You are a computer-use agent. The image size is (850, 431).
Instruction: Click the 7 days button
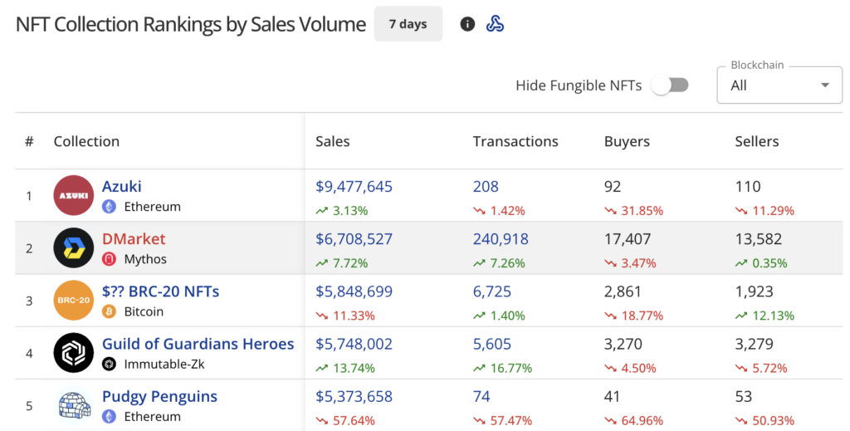click(x=408, y=24)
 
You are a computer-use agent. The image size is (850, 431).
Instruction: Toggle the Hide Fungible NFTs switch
click(x=670, y=85)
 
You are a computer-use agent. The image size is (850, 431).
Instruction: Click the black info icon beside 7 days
click(x=467, y=24)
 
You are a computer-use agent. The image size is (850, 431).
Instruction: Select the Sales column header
click(x=333, y=141)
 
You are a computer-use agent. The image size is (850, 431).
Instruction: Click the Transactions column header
click(x=515, y=141)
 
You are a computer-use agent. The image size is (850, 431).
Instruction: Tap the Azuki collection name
click(x=122, y=187)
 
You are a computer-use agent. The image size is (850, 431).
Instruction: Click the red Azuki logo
click(x=74, y=196)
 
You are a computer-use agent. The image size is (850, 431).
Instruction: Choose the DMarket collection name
click(x=134, y=239)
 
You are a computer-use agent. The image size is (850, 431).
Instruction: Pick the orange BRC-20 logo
click(x=74, y=301)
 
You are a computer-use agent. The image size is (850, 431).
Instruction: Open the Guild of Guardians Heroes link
click(x=198, y=344)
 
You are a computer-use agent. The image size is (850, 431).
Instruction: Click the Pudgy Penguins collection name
click(x=159, y=396)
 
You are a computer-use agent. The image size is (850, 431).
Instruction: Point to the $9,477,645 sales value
click(x=354, y=187)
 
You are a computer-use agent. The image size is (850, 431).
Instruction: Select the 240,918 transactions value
click(x=501, y=239)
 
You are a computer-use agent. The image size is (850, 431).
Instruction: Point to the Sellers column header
click(x=757, y=141)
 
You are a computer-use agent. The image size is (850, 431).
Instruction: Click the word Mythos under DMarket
click(x=145, y=259)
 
